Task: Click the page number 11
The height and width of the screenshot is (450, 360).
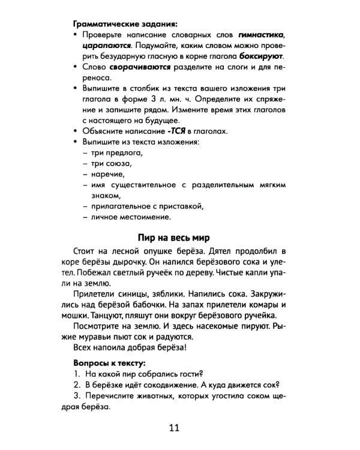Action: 174,428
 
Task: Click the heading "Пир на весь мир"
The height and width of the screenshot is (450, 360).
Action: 174,236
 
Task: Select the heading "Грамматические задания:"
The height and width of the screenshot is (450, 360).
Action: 125,25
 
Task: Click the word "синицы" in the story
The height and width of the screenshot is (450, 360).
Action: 144,296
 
